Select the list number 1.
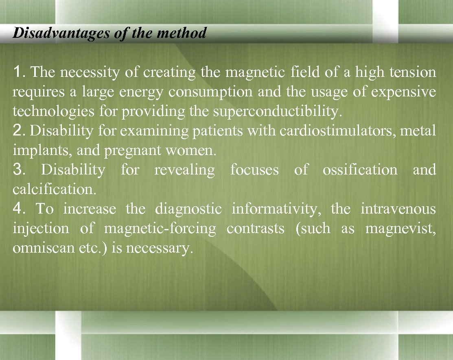click(19, 72)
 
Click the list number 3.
click(19, 170)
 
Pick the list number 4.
click(19, 209)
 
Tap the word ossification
click(360, 170)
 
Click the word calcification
click(46, 189)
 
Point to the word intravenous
click(398, 209)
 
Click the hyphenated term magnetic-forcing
click(160, 229)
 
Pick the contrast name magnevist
click(400, 229)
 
